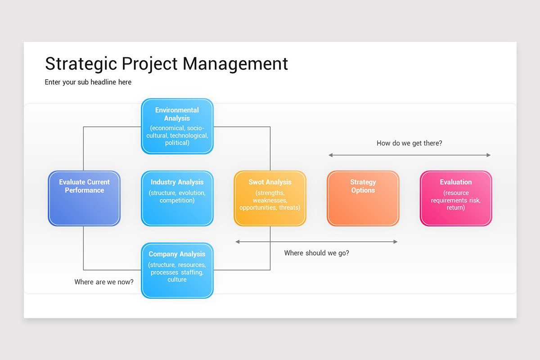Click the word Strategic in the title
81,63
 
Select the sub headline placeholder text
88,82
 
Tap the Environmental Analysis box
177,126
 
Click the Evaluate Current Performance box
84,198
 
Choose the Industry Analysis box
177,198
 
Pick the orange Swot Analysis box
270,198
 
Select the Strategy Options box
363,198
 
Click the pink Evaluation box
456,198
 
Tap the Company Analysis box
177,270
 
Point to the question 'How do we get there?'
409,144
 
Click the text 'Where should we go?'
316,253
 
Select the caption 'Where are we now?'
104,282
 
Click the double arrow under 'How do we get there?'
409,155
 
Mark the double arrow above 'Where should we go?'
316,242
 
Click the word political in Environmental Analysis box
177,143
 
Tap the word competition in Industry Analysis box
177,200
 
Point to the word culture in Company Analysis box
177,279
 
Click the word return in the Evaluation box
456,207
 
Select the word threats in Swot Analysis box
289,207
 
